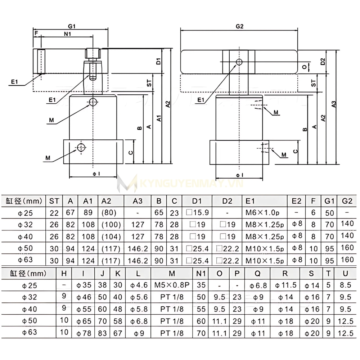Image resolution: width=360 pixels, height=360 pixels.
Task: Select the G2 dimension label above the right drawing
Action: [x=239, y=26]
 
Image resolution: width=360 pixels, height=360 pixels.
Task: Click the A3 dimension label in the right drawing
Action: [x=334, y=104]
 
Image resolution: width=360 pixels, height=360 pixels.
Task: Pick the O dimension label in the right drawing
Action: [x=304, y=67]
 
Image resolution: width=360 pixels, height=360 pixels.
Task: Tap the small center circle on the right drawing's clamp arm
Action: [x=239, y=62]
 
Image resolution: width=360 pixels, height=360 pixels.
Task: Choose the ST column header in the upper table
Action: [x=54, y=201]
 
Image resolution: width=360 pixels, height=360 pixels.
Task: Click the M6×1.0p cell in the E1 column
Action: [x=265, y=212]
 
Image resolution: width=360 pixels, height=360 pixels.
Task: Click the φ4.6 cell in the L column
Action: [x=139, y=285]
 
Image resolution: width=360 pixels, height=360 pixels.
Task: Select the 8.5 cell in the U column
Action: [x=345, y=285]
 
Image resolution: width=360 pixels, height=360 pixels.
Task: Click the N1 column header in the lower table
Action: [x=201, y=273]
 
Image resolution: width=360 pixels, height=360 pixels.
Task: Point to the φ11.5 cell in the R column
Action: [x=286, y=285]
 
